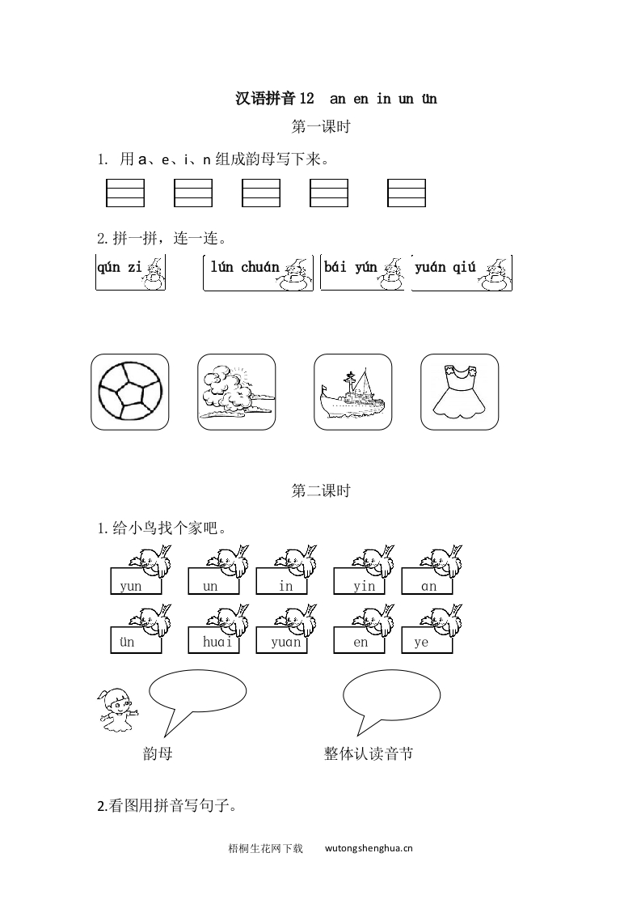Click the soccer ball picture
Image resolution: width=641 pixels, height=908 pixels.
click(130, 392)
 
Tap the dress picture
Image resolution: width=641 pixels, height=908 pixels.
click(459, 392)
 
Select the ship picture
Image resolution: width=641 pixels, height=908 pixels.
click(352, 392)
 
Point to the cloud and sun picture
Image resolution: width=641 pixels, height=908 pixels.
click(236, 392)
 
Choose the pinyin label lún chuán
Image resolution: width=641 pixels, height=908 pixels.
click(245, 268)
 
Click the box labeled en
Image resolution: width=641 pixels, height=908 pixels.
click(360, 642)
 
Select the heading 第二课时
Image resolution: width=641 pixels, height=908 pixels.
click(320, 491)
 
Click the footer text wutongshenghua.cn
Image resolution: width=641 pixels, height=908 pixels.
click(369, 849)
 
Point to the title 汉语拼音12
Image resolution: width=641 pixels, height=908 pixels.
click(273, 99)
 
